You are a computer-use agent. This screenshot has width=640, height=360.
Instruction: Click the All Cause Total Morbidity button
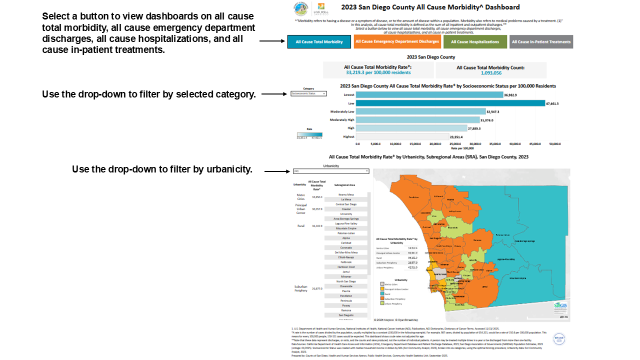click(319, 42)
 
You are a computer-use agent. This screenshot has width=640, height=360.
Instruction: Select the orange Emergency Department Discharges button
click(397, 41)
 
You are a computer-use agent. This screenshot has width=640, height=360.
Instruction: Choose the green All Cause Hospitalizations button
click(475, 42)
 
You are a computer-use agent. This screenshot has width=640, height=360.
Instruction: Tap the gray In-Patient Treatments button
click(541, 42)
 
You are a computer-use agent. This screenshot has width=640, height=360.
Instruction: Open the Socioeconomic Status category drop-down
click(308, 93)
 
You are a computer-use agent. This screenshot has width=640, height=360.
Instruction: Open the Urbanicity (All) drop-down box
click(331, 171)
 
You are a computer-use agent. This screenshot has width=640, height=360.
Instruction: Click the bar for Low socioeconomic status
click(450, 103)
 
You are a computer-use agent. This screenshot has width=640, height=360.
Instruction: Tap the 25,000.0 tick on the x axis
click(455, 143)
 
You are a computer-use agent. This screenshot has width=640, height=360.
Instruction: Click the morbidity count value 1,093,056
click(491, 73)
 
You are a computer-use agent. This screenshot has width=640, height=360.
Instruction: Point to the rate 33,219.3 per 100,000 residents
click(378, 73)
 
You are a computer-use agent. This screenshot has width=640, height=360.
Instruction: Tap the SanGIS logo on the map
click(560, 307)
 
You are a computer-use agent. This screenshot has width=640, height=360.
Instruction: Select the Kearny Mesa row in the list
click(346, 194)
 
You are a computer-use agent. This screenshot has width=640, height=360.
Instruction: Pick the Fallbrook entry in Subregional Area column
click(346, 262)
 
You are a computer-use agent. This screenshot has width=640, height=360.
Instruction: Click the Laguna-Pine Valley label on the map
click(506, 259)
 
